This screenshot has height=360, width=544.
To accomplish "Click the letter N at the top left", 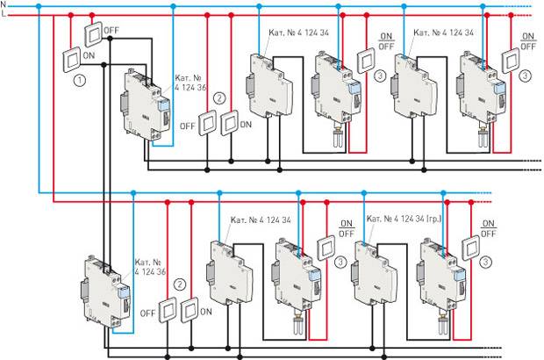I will [5, 5].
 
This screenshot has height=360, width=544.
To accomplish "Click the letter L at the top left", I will [5, 15].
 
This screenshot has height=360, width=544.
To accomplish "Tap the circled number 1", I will [80, 80].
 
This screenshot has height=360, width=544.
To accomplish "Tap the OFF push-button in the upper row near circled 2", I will [207, 126].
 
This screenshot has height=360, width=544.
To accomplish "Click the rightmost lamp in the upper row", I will [483, 137].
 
